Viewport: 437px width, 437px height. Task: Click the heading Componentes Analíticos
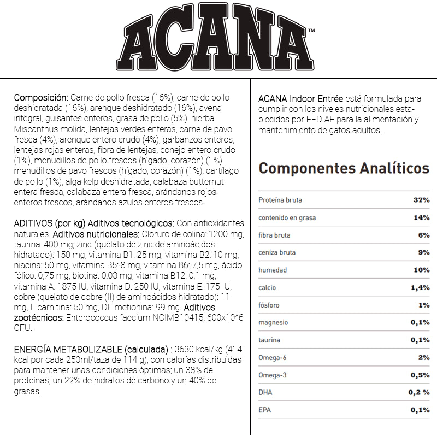(x=344, y=167)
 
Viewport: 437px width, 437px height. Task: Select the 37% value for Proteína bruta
(x=421, y=200)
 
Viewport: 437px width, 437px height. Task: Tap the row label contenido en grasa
(x=287, y=218)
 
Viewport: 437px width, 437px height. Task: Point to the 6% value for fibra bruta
(x=424, y=235)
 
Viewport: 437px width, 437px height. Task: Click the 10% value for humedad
(x=421, y=270)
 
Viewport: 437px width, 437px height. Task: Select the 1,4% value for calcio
(x=420, y=288)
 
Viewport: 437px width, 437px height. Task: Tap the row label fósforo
(x=269, y=305)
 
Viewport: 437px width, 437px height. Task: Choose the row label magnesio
(x=273, y=323)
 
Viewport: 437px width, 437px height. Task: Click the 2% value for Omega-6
(x=424, y=358)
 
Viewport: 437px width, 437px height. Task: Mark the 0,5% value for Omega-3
(x=420, y=375)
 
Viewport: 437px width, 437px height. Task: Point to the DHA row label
(x=265, y=393)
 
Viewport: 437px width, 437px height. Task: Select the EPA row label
(x=264, y=410)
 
